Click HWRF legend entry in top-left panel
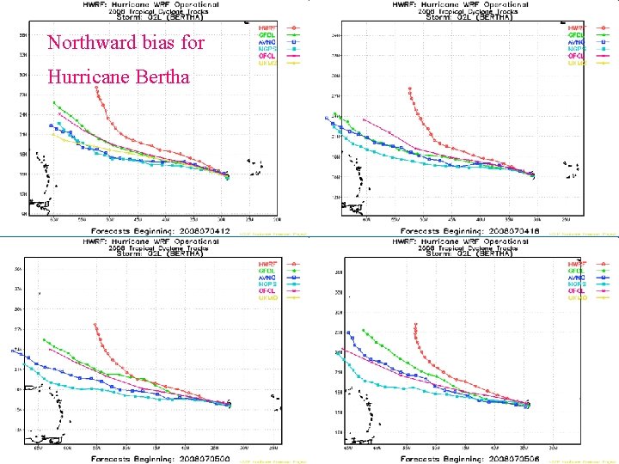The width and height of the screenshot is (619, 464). tap(266, 27)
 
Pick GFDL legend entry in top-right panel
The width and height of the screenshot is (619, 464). tap(576, 34)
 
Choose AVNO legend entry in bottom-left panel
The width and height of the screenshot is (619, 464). tap(266, 276)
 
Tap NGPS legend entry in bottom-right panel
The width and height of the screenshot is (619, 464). tap(576, 283)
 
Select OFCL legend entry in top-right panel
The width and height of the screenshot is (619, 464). tap(576, 55)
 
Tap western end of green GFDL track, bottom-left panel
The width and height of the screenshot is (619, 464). tap(44, 339)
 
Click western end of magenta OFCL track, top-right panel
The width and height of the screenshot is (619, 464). tap(365, 119)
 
